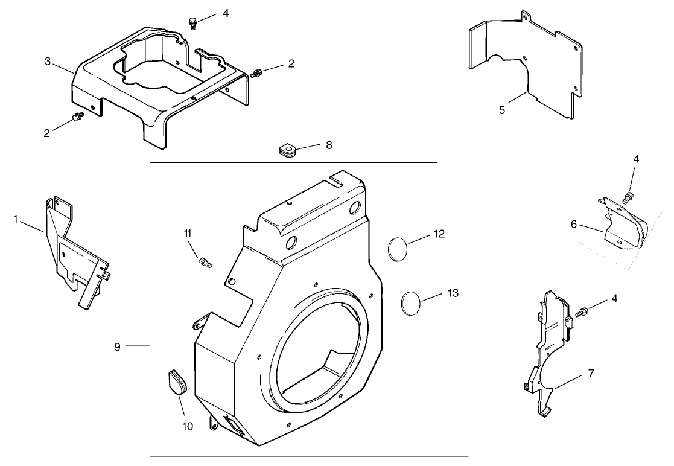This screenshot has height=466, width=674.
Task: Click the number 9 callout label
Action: coord(118,346)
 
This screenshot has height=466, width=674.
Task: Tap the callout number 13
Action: coord(453,293)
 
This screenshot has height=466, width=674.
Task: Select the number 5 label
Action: coord(502,110)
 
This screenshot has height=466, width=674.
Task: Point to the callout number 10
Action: coord(187,427)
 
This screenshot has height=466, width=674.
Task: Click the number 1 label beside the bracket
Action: coord(16,219)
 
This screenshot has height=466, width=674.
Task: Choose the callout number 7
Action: coord(590,373)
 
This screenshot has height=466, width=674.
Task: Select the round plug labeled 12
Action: coord(398,248)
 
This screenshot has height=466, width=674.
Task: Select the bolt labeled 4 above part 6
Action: coord(627,196)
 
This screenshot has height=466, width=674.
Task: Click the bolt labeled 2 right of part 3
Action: coord(258,74)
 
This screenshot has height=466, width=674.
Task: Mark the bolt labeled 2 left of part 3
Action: coord(77,116)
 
